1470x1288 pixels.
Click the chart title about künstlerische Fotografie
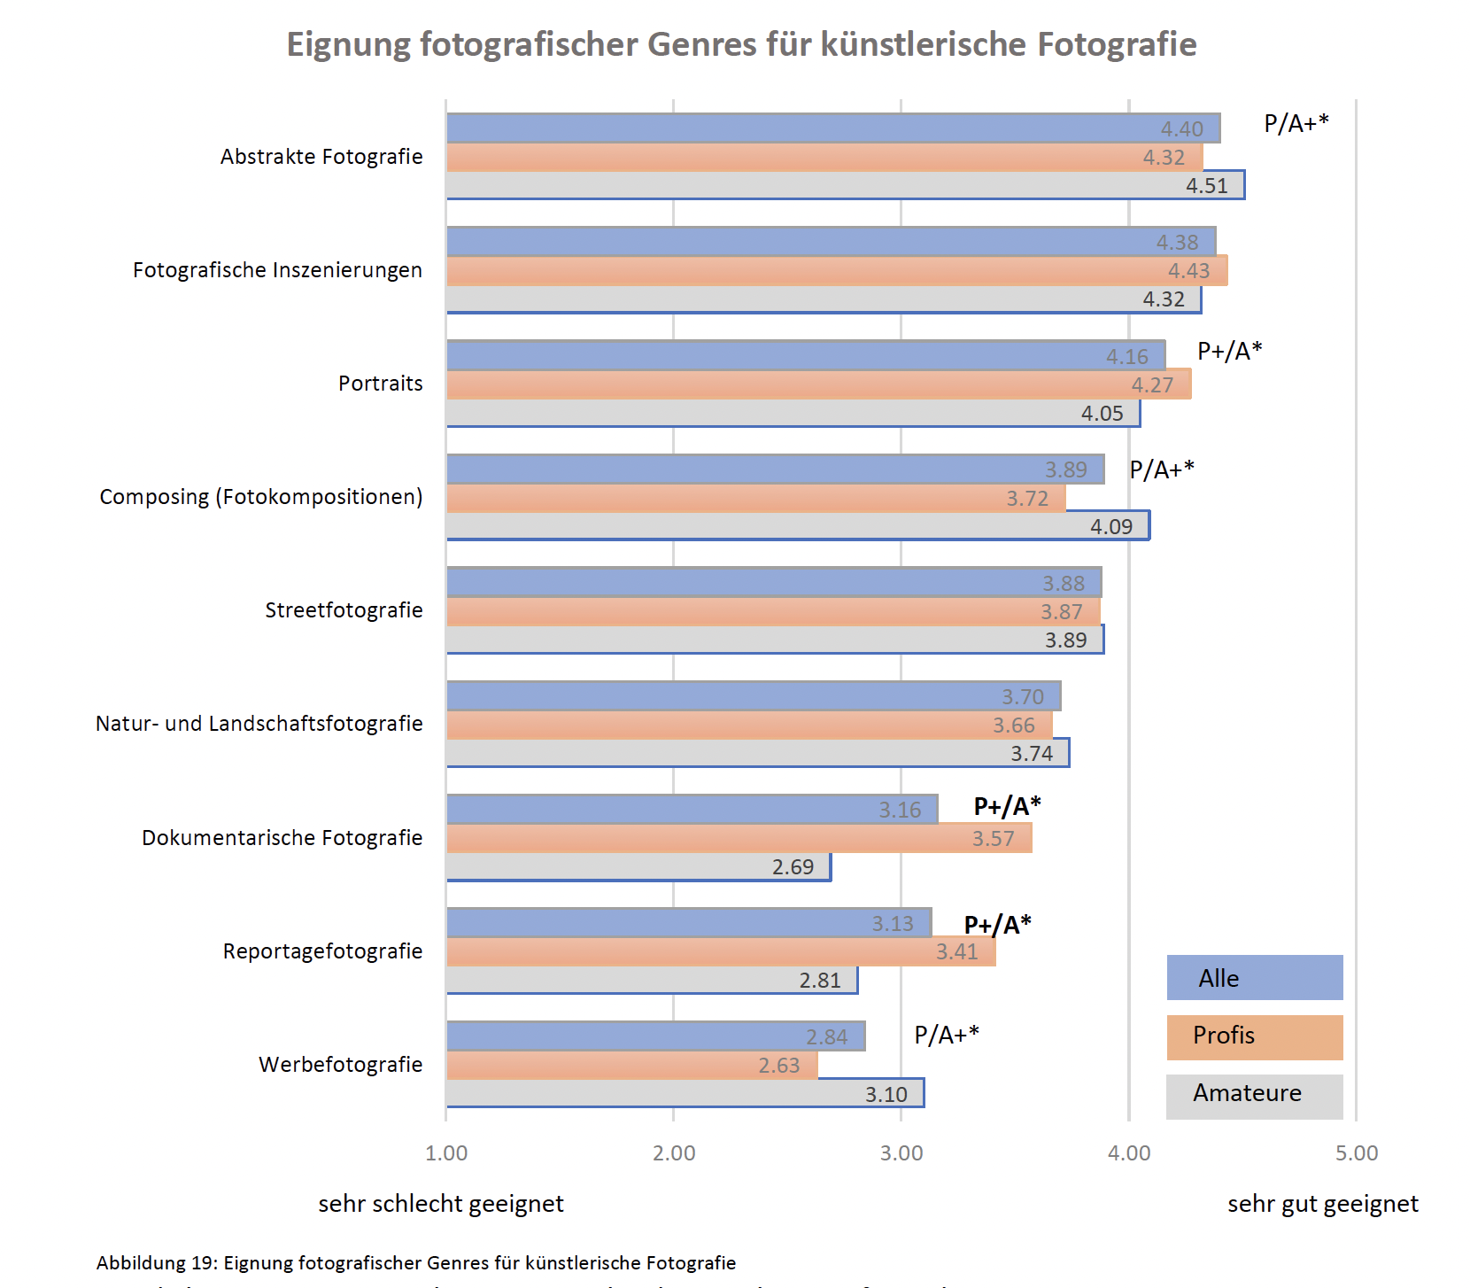(741, 44)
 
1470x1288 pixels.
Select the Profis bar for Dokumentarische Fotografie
(739, 838)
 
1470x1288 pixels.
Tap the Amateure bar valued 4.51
(845, 185)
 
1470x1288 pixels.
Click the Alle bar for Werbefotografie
(655, 1036)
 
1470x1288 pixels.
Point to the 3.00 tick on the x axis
(901, 1152)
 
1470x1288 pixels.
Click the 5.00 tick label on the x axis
(1357, 1152)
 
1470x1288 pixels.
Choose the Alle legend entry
(1254, 978)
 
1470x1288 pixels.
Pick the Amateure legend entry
(1254, 1093)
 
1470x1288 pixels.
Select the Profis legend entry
(1254, 1036)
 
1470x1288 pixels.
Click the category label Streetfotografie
(344, 610)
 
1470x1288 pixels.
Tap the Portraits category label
(380, 384)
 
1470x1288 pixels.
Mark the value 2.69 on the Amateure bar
(793, 867)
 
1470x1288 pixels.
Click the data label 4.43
(1188, 271)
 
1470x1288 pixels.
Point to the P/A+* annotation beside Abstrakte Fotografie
(1296, 124)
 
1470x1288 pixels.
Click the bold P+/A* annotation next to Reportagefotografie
(997, 925)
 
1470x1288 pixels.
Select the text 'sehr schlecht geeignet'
(441, 1204)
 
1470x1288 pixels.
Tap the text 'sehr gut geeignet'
(1322, 1204)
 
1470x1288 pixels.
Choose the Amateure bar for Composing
(797, 526)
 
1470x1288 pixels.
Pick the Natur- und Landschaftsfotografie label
(259, 724)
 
